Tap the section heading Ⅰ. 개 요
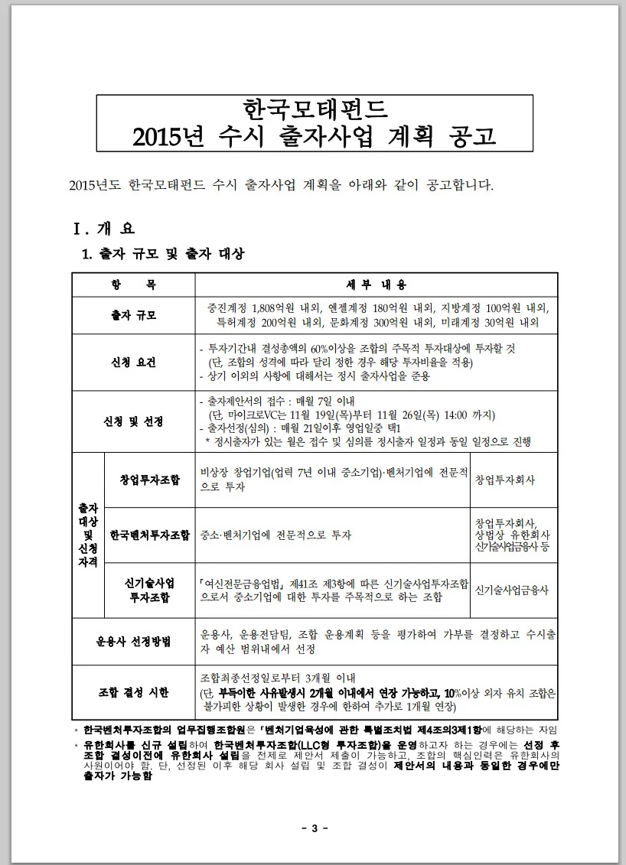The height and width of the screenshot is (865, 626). pyautogui.click(x=103, y=228)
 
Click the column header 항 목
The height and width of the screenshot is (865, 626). pyautogui.click(x=133, y=285)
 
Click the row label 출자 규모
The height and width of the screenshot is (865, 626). pyautogui.click(x=133, y=315)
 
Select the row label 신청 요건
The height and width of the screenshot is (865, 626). pyautogui.click(x=133, y=363)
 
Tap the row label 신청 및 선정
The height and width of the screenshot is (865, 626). pyautogui.click(x=133, y=421)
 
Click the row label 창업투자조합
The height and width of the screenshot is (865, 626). pyautogui.click(x=149, y=480)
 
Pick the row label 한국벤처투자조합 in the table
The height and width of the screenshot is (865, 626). pyautogui.click(x=149, y=535)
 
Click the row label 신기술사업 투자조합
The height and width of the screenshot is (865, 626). pyautogui.click(x=149, y=589)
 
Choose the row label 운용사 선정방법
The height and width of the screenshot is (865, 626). pyautogui.click(x=133, y=641)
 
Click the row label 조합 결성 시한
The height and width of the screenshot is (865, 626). pyautogui.click(x=133, y=692)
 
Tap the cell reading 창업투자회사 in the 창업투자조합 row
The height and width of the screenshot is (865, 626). pyautogui.click(x=505, y=480)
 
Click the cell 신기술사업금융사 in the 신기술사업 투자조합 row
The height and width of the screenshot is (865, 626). pyautogui.click(x=511, y=590)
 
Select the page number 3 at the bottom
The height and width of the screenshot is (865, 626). pyautogui.click(x=314, y=828)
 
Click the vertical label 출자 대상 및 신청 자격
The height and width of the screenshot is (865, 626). pyautogui.click(x=87, y=535)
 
